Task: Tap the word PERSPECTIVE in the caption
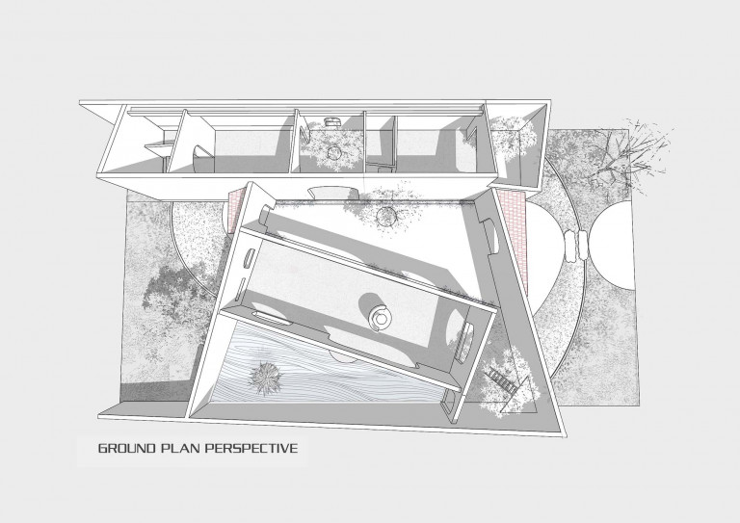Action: (x=252, y=448)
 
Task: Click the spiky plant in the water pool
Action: (x=265, y=377)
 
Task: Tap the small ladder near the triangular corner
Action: (x=503, y=379)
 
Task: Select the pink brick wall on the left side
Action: (x=234, y=211)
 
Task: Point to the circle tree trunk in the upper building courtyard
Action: (x=334, y=153)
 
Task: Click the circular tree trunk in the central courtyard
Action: (x=386, y=217)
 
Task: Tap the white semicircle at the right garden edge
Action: (x=611, y=246)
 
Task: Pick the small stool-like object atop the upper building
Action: (x=331, y=122)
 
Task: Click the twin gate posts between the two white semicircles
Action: (x=575, y=246)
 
